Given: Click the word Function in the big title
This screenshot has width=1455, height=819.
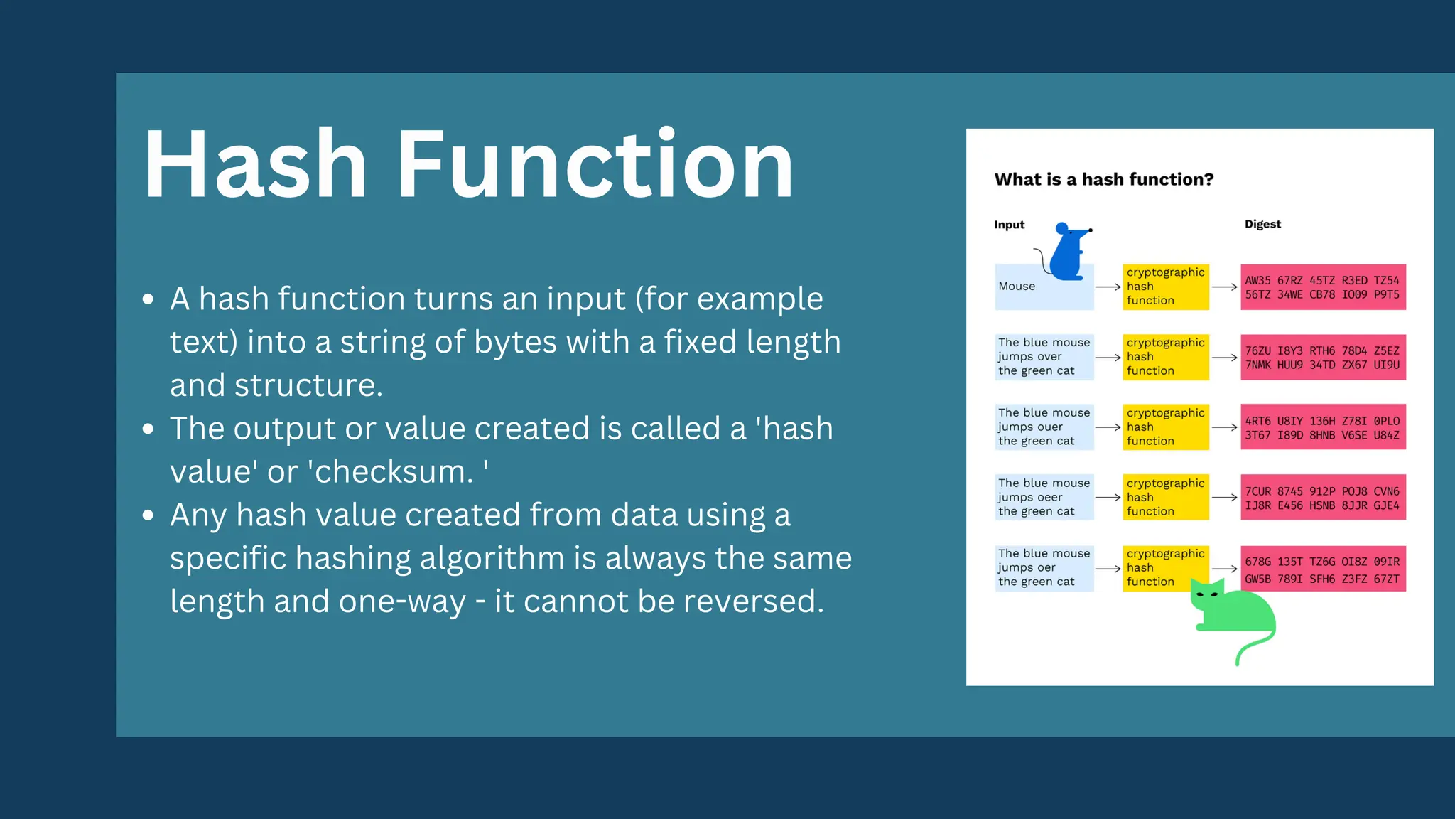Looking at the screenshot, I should coord(594,165).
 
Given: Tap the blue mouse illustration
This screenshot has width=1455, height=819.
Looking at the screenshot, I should coord(1068,253).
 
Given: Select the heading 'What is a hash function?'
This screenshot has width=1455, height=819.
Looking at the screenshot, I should coord(1103,179).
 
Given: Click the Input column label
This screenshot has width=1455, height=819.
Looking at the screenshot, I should coord(1009,225).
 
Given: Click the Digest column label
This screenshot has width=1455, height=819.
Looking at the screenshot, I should coord(1262,224).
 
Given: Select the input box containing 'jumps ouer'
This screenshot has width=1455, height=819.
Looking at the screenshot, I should coord(1044,427).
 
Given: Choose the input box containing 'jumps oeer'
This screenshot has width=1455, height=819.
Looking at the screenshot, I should coord(1044,497).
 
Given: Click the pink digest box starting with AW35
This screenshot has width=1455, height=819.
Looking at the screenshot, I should coord(1322,287).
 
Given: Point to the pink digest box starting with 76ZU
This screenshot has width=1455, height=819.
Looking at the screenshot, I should coord(1322,358).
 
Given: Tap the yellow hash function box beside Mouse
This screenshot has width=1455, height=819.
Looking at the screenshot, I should coord(1165,287).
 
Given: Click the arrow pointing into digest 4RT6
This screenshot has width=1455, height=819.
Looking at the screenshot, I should coord(1224,427).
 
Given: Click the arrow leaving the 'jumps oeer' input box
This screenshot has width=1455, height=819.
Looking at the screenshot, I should coord(1108,498).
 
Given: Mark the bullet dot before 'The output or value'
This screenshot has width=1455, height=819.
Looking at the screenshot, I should coord(148,429).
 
